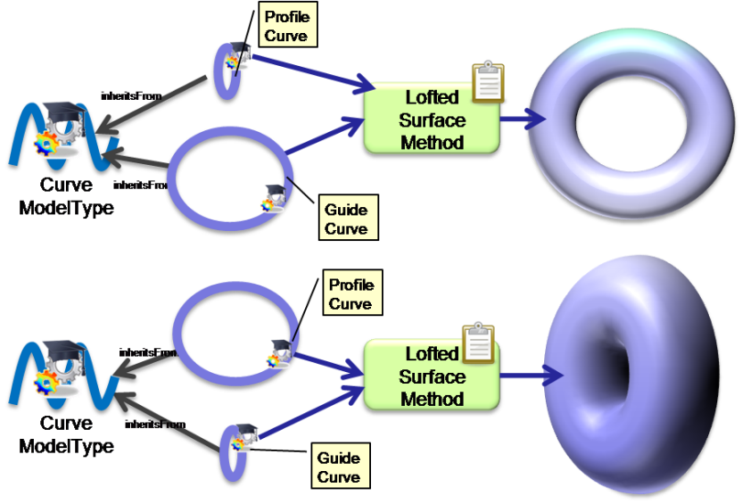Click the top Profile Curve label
point(286,26)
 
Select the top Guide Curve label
point(346,218)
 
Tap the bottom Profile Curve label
point(351,294)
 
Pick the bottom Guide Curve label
point(338,466)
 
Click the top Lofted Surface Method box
point(431,120)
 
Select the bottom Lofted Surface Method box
point(431,376)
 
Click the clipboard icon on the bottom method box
point(478,343)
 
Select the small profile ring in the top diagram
point(225,70)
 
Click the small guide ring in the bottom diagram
point(234,450)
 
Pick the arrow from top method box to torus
point(523,118)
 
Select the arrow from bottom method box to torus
point(530,375)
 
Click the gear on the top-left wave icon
point(46,142)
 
